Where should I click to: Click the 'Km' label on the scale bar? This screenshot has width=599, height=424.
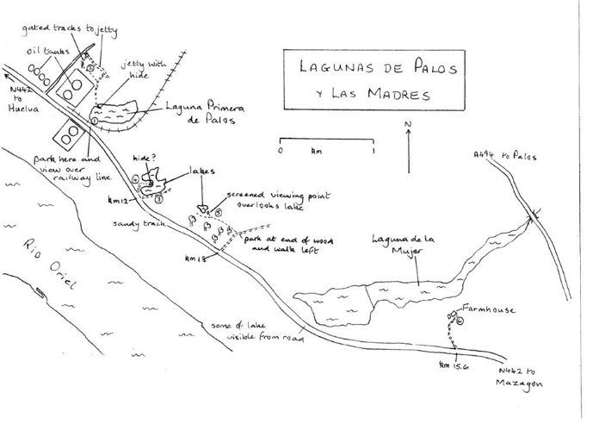(317, 151)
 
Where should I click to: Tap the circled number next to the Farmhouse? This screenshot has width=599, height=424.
(459, 321)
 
